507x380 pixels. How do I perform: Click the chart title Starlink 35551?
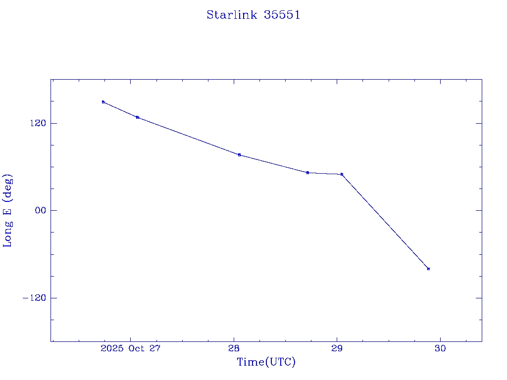(253, 15)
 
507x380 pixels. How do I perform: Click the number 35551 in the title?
(282, 15)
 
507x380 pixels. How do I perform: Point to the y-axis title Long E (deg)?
(7, 210)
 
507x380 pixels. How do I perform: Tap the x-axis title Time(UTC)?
(266, 362)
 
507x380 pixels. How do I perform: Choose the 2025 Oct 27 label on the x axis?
(131, 348)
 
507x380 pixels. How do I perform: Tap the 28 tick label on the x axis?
(234, 348)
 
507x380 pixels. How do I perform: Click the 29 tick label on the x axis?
(337, 348)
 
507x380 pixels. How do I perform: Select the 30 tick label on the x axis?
(440, 348)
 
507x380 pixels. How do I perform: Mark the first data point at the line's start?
(103, 102)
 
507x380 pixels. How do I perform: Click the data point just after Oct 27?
(138, 117)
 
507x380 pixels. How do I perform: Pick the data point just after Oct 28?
(239, 155)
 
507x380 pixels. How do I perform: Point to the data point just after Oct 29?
(342, 174)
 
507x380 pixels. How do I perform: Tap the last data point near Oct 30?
(428, 269)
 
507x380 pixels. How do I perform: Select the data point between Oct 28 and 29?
(307, 173)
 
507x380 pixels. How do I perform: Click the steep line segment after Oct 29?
(385, 222)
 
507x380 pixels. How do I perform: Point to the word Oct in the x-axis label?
(136, 348)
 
